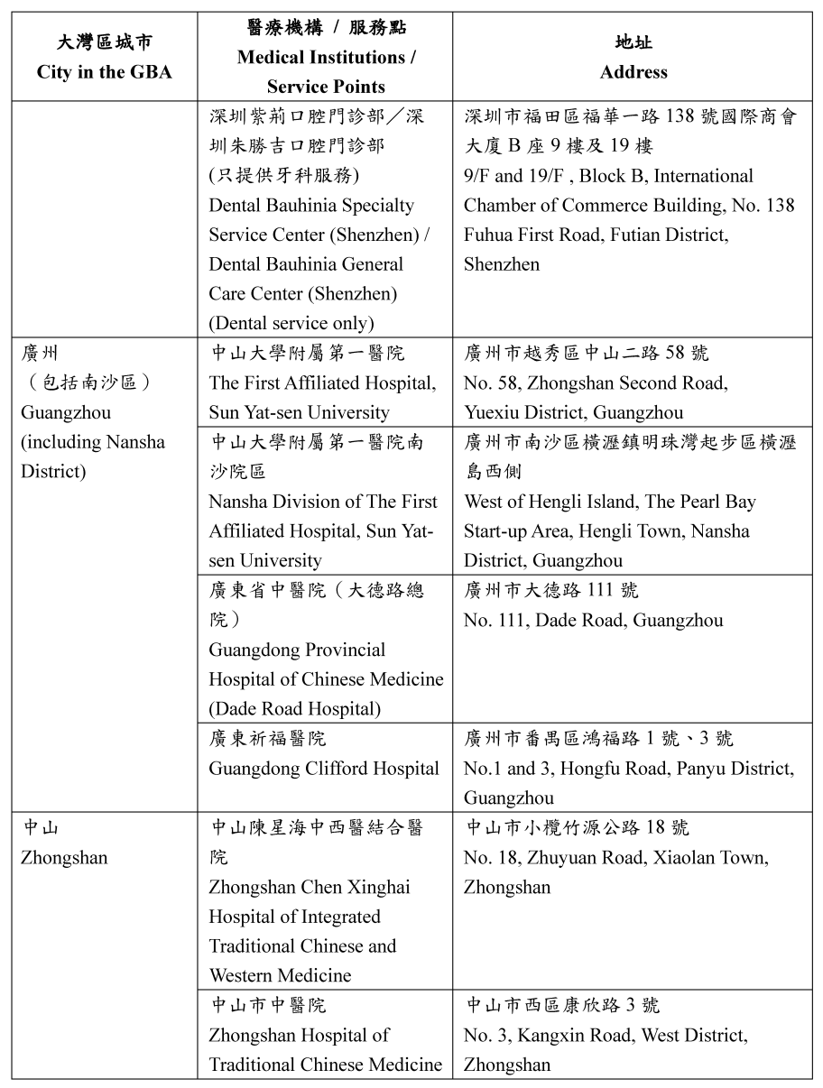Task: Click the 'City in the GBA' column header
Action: [x=105, y=72]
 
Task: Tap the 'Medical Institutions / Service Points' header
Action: [x=326, y=58]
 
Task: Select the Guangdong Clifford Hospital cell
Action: [x=325, y=768]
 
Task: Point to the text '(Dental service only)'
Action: [x=291, y=323]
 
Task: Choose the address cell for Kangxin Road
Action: [x=632, y=1034]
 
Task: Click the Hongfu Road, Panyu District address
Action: [x=629, y=769]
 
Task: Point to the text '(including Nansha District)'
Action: [x=93, y=456]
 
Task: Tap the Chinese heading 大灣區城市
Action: [x=105, y=42]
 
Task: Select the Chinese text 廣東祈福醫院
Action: [x=268, y=739]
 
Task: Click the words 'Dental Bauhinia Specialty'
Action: [x=311, y=205]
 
